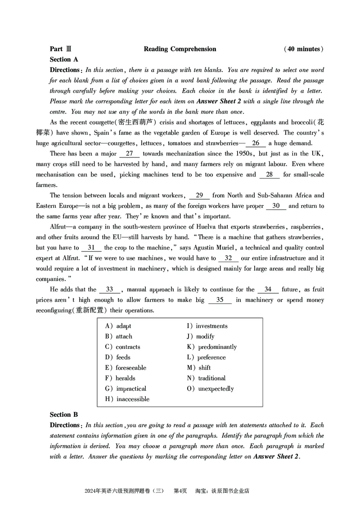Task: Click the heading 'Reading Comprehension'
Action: coord(180,49)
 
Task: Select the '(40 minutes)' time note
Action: coord(304,49)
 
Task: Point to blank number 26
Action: coord(256,143)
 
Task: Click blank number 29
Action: coord(199,195)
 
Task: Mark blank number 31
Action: coord(91,247)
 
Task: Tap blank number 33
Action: coord(109,289)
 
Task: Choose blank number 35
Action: coord(220,299)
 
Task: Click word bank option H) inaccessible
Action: coord(127,399)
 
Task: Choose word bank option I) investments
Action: coord(207,326)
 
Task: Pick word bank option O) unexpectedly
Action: coord(210,388)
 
